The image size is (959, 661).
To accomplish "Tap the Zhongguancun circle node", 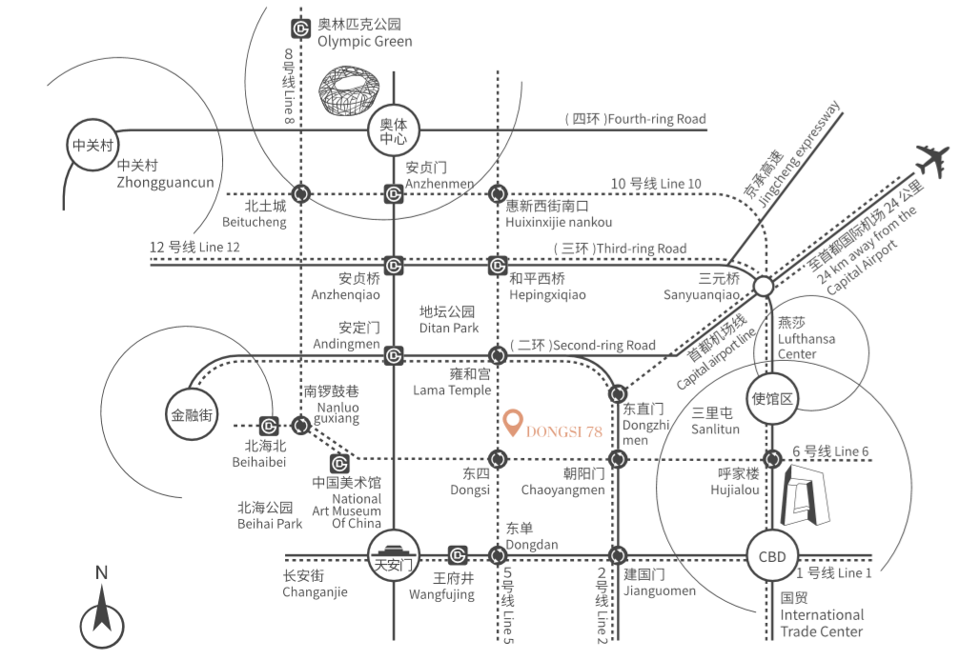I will [92, 146].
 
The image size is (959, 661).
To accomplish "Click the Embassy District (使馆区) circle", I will [772, 398].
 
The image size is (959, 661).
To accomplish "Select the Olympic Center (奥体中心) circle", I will [393, 130].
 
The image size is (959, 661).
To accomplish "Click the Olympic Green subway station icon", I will [300, 30].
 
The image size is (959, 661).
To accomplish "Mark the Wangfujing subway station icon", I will [458, 555].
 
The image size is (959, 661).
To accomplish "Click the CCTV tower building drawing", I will [805, 495].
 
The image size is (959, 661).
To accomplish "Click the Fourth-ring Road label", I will [636, 119].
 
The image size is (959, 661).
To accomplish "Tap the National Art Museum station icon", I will [339, 463].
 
